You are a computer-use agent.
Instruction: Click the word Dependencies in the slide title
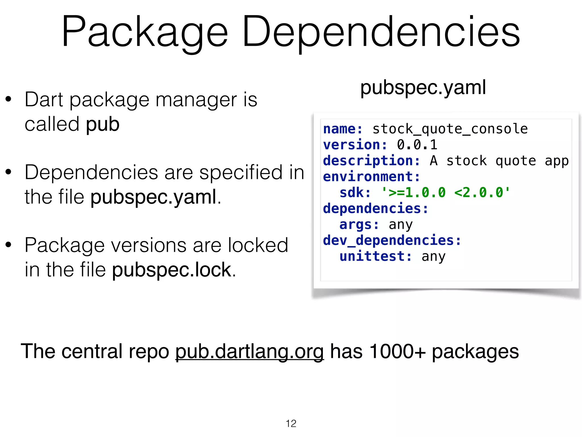[x=381, y=32]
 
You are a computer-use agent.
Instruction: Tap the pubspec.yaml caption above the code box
[x=423, y=87]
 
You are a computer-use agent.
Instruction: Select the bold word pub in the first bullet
[x=103, y=124]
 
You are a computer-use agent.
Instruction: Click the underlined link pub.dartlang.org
[x=249, y=352]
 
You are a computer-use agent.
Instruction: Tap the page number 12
[x=291, y=424]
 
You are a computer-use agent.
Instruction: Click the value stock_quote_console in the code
[x=450, y=129]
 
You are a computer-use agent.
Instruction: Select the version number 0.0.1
[x=417, y=145]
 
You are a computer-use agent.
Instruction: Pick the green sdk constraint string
[x=446, y=193]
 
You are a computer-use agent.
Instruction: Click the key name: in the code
[x=343, y=129]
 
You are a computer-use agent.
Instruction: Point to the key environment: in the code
[x=371, y=177]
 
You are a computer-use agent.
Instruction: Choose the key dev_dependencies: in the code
[x=392, y=240]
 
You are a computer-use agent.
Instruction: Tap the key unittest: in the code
[x=375, y=256]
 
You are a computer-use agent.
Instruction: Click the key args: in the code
[x=359, y=224]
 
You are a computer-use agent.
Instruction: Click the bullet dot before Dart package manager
[x=8, y=100]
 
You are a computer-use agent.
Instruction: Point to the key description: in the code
[x=371, y=161]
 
